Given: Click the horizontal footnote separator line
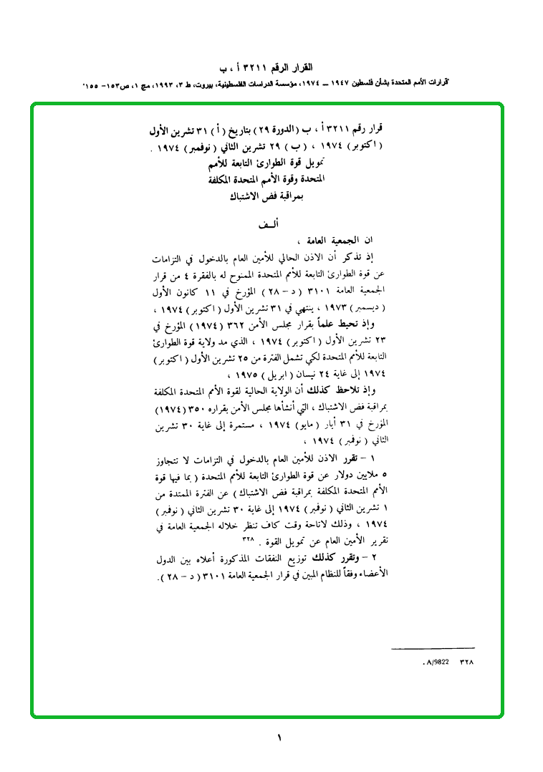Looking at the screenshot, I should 433,649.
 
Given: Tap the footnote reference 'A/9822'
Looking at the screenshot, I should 436,662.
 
